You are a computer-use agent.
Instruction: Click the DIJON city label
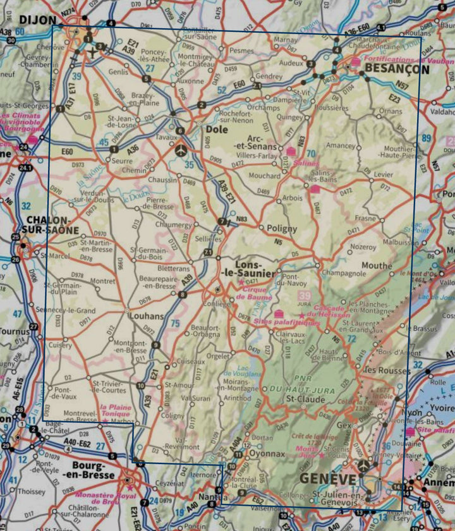[38, 20]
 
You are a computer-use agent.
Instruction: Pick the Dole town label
[217, 130]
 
